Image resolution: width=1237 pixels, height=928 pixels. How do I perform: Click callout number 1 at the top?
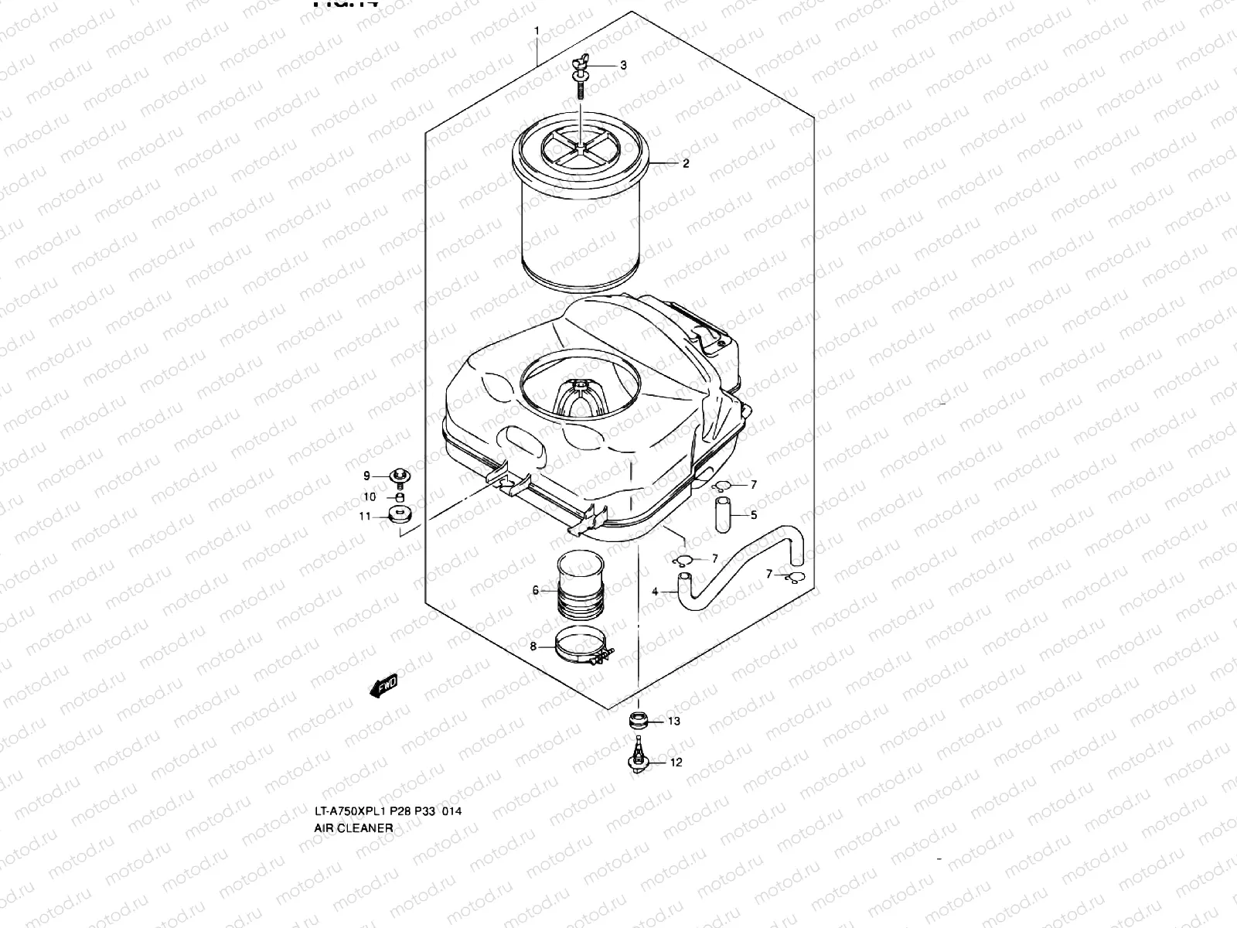pyautogui.click(x=536, y=31)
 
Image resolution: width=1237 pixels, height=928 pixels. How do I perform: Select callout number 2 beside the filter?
pyautogui.click(x=685, y=164)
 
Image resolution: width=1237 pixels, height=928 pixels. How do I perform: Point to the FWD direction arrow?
pyautogui.click(x=383, y=684)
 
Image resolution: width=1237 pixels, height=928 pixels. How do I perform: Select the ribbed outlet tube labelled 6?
pyautogui.click(x=581, y=588)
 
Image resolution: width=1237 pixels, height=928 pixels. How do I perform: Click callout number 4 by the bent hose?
pyautogui.click(x=655, y=592)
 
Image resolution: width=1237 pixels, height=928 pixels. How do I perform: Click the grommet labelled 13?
pyautogui.click(x=639, y=721)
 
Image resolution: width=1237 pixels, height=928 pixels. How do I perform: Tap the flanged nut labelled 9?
pyautogui.click(x=400, y=475)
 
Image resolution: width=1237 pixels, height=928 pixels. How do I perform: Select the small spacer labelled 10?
pyautogui.click(x=400, y=496)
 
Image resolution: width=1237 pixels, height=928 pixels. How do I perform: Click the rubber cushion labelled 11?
pyautogui.click(x=400, y=517)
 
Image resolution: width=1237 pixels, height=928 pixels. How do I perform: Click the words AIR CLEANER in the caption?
pyautogui.click(x=353, y=827)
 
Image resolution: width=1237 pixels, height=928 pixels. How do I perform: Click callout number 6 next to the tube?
pyautogui.click(x=535, y=591)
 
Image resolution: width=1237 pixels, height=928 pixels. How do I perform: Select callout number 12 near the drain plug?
pyautogui.click(x=676, y=763)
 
